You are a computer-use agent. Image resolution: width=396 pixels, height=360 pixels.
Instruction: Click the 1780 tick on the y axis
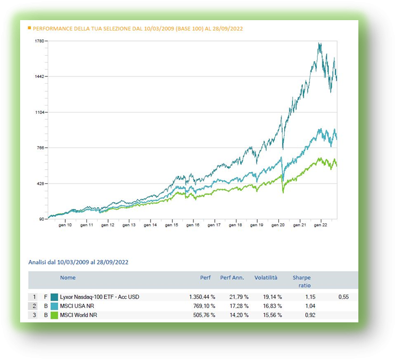(38, 41)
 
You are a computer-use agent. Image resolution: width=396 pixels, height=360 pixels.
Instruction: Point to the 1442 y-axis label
(38, 76)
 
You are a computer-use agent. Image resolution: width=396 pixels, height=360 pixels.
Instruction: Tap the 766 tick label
(39, 148)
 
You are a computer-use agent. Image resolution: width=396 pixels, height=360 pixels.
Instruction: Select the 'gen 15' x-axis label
(172, 225)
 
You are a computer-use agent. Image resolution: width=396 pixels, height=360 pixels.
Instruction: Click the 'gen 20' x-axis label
(278, 225)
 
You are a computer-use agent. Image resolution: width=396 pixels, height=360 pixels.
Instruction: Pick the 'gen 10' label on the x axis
(65, 225)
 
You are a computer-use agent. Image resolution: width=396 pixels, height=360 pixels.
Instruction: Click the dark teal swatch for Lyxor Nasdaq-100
(54, 297)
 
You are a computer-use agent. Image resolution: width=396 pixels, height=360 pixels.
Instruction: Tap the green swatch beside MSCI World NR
(54, 315)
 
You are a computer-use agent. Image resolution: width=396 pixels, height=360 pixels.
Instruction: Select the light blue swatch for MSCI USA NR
(54, 306)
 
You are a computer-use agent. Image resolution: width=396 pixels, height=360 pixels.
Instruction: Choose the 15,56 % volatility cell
(268, 315)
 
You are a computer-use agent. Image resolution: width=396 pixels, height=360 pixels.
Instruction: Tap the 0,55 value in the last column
(344, 297)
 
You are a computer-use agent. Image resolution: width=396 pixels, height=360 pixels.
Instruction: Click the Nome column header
(68, 278)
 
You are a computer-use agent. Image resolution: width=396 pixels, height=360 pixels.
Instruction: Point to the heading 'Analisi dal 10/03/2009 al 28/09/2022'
(78, 262)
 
